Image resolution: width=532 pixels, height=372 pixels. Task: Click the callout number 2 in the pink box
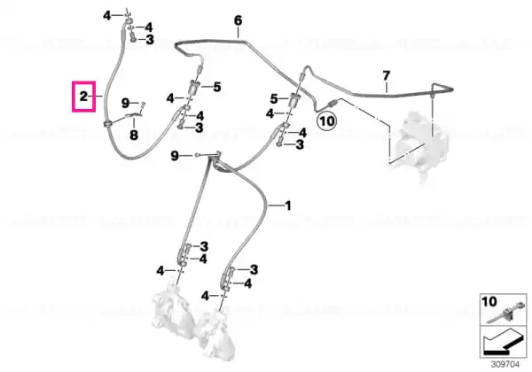(x=83, y=97)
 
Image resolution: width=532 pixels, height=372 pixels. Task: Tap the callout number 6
(x=239, y=20)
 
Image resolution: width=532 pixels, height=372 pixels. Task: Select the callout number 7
(x=386, y=75)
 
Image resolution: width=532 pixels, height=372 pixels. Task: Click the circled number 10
(x=326, y=120)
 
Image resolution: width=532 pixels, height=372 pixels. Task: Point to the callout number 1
(x=287, y=205)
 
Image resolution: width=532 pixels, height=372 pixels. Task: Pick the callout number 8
(x=134, y=136)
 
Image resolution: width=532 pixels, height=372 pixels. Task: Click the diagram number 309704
(x=505, y=365)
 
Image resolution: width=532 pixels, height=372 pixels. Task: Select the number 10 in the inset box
(x=489, y=301)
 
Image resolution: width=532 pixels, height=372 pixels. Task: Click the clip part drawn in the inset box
(x=502, y=314)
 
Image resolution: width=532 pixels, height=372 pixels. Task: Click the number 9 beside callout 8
(x=126, y=103)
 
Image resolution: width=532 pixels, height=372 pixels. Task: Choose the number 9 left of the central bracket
(x=175, y=156)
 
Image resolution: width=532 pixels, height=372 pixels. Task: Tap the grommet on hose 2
(x=107, y=124)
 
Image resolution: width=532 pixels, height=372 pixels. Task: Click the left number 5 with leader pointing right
(x=217, y=87)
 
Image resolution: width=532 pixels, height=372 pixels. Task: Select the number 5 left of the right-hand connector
(x=274, y=99)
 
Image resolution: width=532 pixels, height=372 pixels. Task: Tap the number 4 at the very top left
(x=107, y=16)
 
